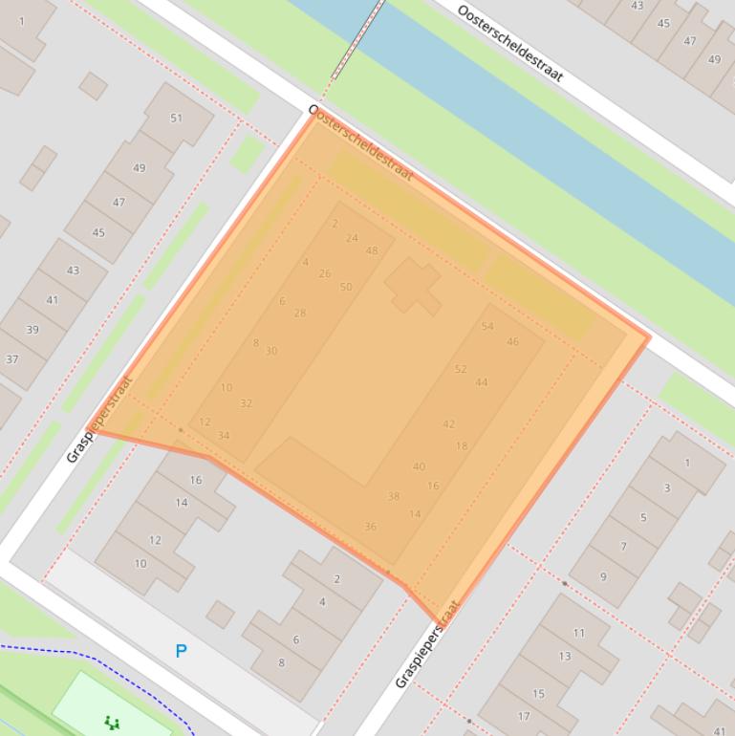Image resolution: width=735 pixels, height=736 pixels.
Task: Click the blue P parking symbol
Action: (181, 651)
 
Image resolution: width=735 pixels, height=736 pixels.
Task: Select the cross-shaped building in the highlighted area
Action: (412, 285)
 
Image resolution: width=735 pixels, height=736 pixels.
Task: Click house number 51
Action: (176, 119)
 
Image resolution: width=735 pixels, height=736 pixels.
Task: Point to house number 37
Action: (12, 359)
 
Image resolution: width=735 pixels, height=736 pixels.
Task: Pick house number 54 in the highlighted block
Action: (487, 326)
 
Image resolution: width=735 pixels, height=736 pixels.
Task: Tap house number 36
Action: (370, 527)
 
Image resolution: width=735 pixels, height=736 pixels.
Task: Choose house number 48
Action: (372, 251)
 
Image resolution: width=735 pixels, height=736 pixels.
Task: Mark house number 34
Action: (224, 436)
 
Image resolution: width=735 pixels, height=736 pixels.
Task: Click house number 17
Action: (524, 716)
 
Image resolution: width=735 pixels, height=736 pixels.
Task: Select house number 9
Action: (603, 576)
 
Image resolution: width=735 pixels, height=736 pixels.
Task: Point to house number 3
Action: (666, 487)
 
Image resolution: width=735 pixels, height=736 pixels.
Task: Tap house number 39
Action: (32, 330)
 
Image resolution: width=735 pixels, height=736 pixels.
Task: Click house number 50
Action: (346, 287)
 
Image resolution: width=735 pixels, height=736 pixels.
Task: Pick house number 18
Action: (462, 446)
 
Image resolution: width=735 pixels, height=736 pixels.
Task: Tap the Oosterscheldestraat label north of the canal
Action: (510, 44)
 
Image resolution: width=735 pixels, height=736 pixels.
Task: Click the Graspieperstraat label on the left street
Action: (99, 420)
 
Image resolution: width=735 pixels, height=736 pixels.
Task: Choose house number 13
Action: (565, 657)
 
